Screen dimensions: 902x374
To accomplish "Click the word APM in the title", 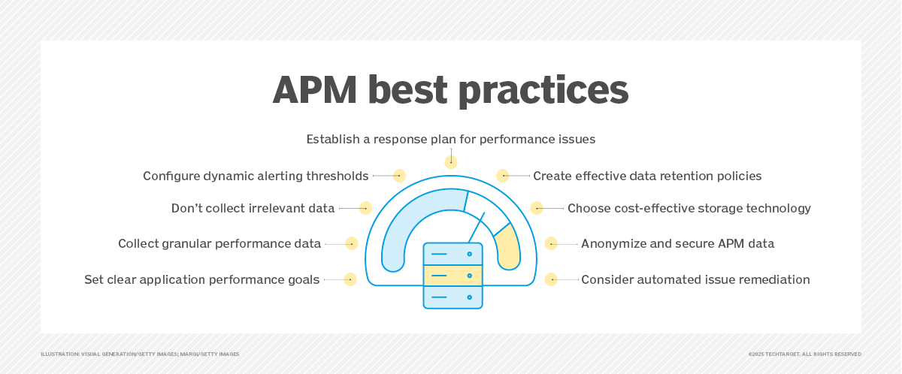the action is (x=314, y=89).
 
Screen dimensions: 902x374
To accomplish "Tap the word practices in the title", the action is (x=543, y=91).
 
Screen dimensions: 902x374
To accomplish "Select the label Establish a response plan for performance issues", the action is (x=450, y=139).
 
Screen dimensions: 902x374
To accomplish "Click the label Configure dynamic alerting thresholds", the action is (x=256, y=176).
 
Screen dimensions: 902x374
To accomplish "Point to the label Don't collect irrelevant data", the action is (x=253, y=208).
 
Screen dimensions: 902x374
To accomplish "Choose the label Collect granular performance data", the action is (x=219, y=244).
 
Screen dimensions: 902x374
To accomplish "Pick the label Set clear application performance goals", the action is (x=201, y=279).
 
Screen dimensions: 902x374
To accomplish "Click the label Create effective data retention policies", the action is (x=647, y=176).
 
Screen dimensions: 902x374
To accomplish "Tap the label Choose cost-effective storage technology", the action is (x=689, y=208).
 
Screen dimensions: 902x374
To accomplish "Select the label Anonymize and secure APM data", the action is (x=677, y=244).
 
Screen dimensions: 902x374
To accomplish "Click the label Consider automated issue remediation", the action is (x=695, y=279).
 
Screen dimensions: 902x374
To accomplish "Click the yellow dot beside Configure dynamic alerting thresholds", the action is (x=399, y=176).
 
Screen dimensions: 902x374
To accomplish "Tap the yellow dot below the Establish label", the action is (x=451, y=162).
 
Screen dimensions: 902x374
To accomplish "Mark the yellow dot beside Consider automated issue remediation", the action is (x=551, y=279).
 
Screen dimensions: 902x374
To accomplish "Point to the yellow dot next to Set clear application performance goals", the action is (x=350, y=279).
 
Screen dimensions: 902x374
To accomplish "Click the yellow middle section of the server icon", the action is (x=453, y=276).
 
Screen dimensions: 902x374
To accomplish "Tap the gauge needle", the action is (x=477, y=228).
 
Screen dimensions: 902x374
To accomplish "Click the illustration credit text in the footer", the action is (x=140, y=354).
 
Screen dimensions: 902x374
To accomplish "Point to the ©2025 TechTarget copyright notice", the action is (x=804, y=354).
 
